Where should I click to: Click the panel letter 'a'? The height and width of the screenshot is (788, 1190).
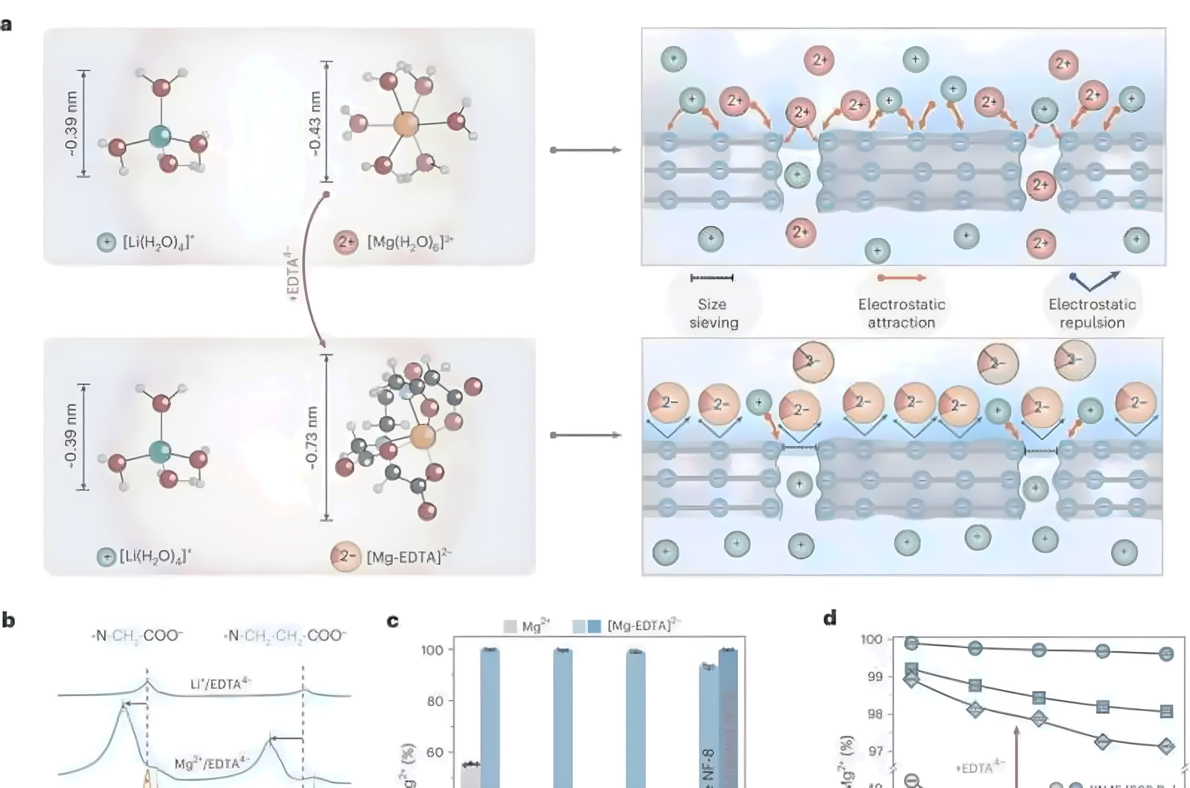tap(6, 25)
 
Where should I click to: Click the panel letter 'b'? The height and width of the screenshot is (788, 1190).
tap(8, 620)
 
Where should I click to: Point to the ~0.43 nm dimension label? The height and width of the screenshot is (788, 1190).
tap(315, 123)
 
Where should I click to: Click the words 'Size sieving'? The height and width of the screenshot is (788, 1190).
tap(713, 313)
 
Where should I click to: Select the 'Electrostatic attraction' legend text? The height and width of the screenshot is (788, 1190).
tap(901, 313)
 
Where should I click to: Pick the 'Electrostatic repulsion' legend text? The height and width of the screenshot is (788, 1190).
tap(1092, 313)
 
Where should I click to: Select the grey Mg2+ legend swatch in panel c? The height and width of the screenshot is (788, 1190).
tap(510, 626)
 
